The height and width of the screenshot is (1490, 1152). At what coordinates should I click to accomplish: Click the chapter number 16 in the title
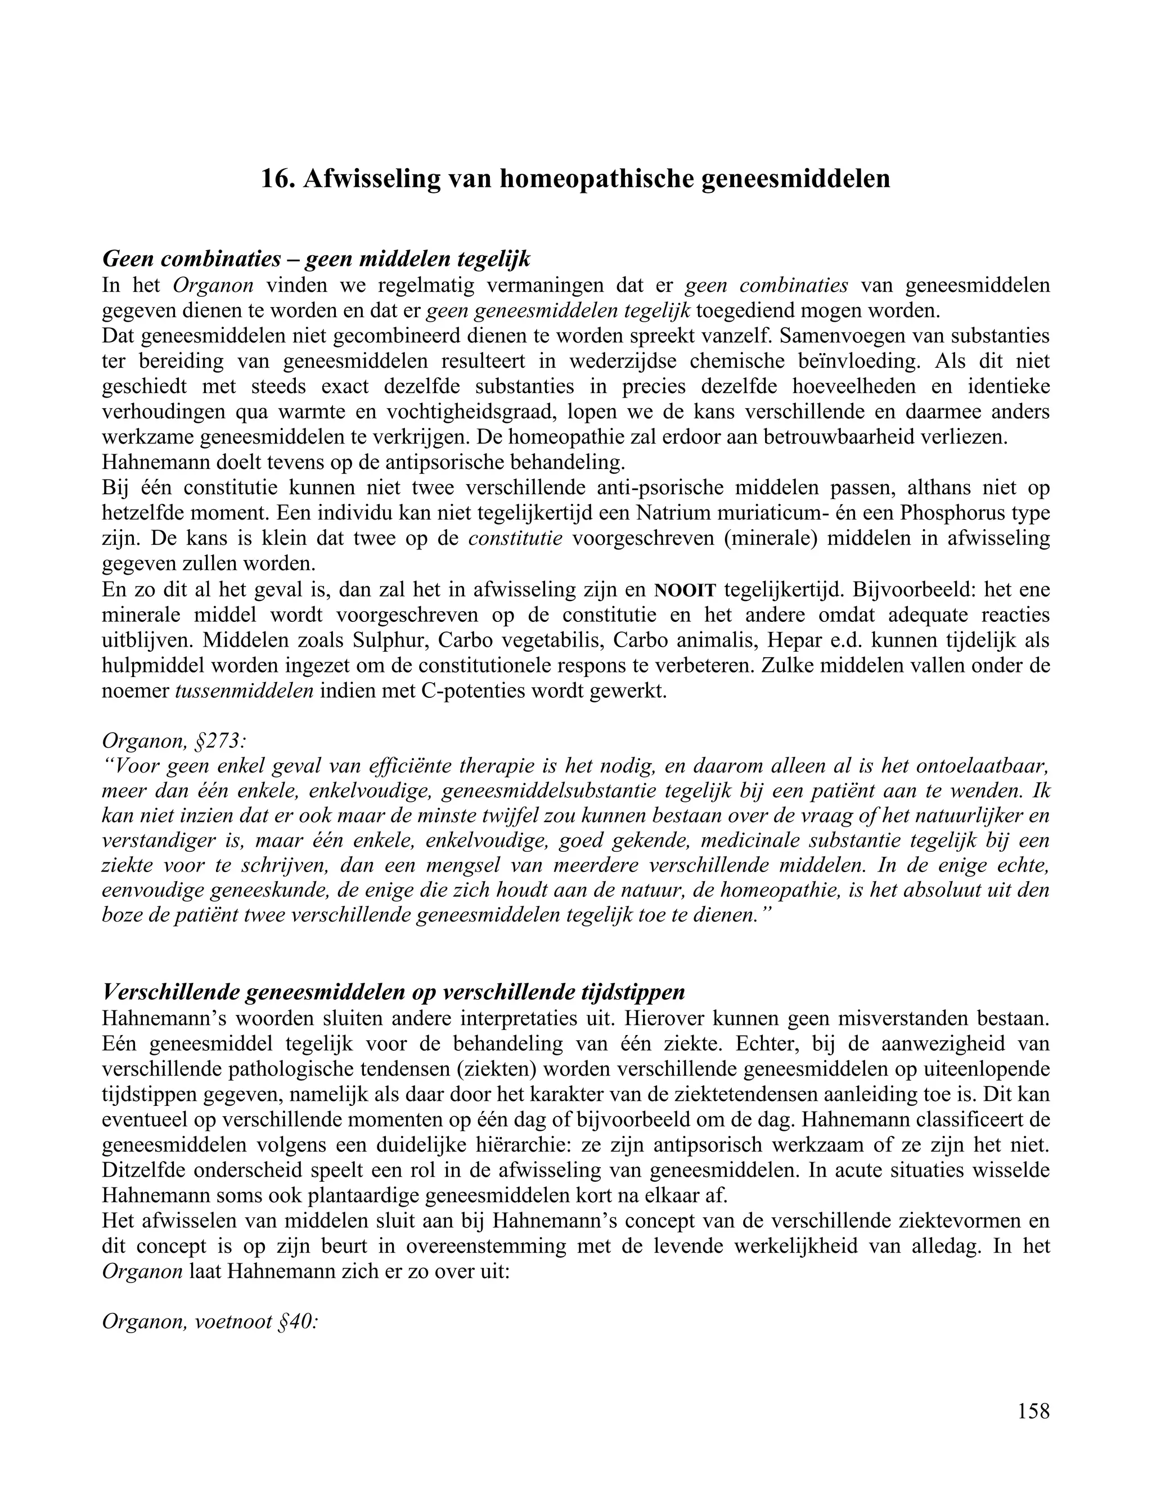pyautogui.click(x=274, y=179)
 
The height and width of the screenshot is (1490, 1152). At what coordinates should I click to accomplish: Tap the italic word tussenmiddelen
pyautogui.click(x=244, y=691)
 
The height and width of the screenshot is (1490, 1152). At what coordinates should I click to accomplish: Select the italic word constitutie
pyautogui.click(x=515, y=538)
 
